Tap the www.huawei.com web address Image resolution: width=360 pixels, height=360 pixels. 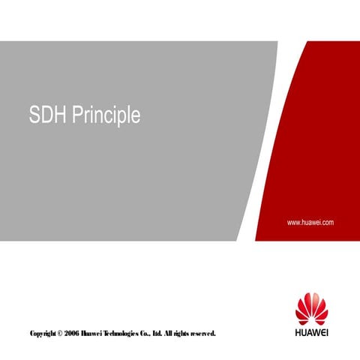coord(310,223)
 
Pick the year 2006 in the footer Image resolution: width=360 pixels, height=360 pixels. coord(77,332)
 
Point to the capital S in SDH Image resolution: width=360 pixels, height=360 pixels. coord(34,117)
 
